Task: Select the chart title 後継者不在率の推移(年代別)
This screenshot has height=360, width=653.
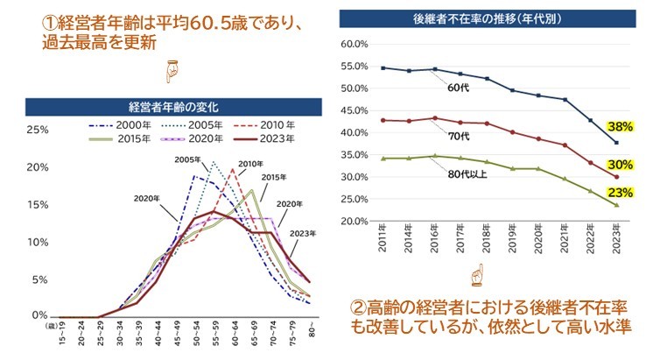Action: click(488, 17)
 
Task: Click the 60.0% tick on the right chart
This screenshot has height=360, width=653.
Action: click(353, 44)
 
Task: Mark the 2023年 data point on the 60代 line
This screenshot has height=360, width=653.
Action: click(617, 143)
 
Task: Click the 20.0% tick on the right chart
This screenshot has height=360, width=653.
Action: click(353, 221)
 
